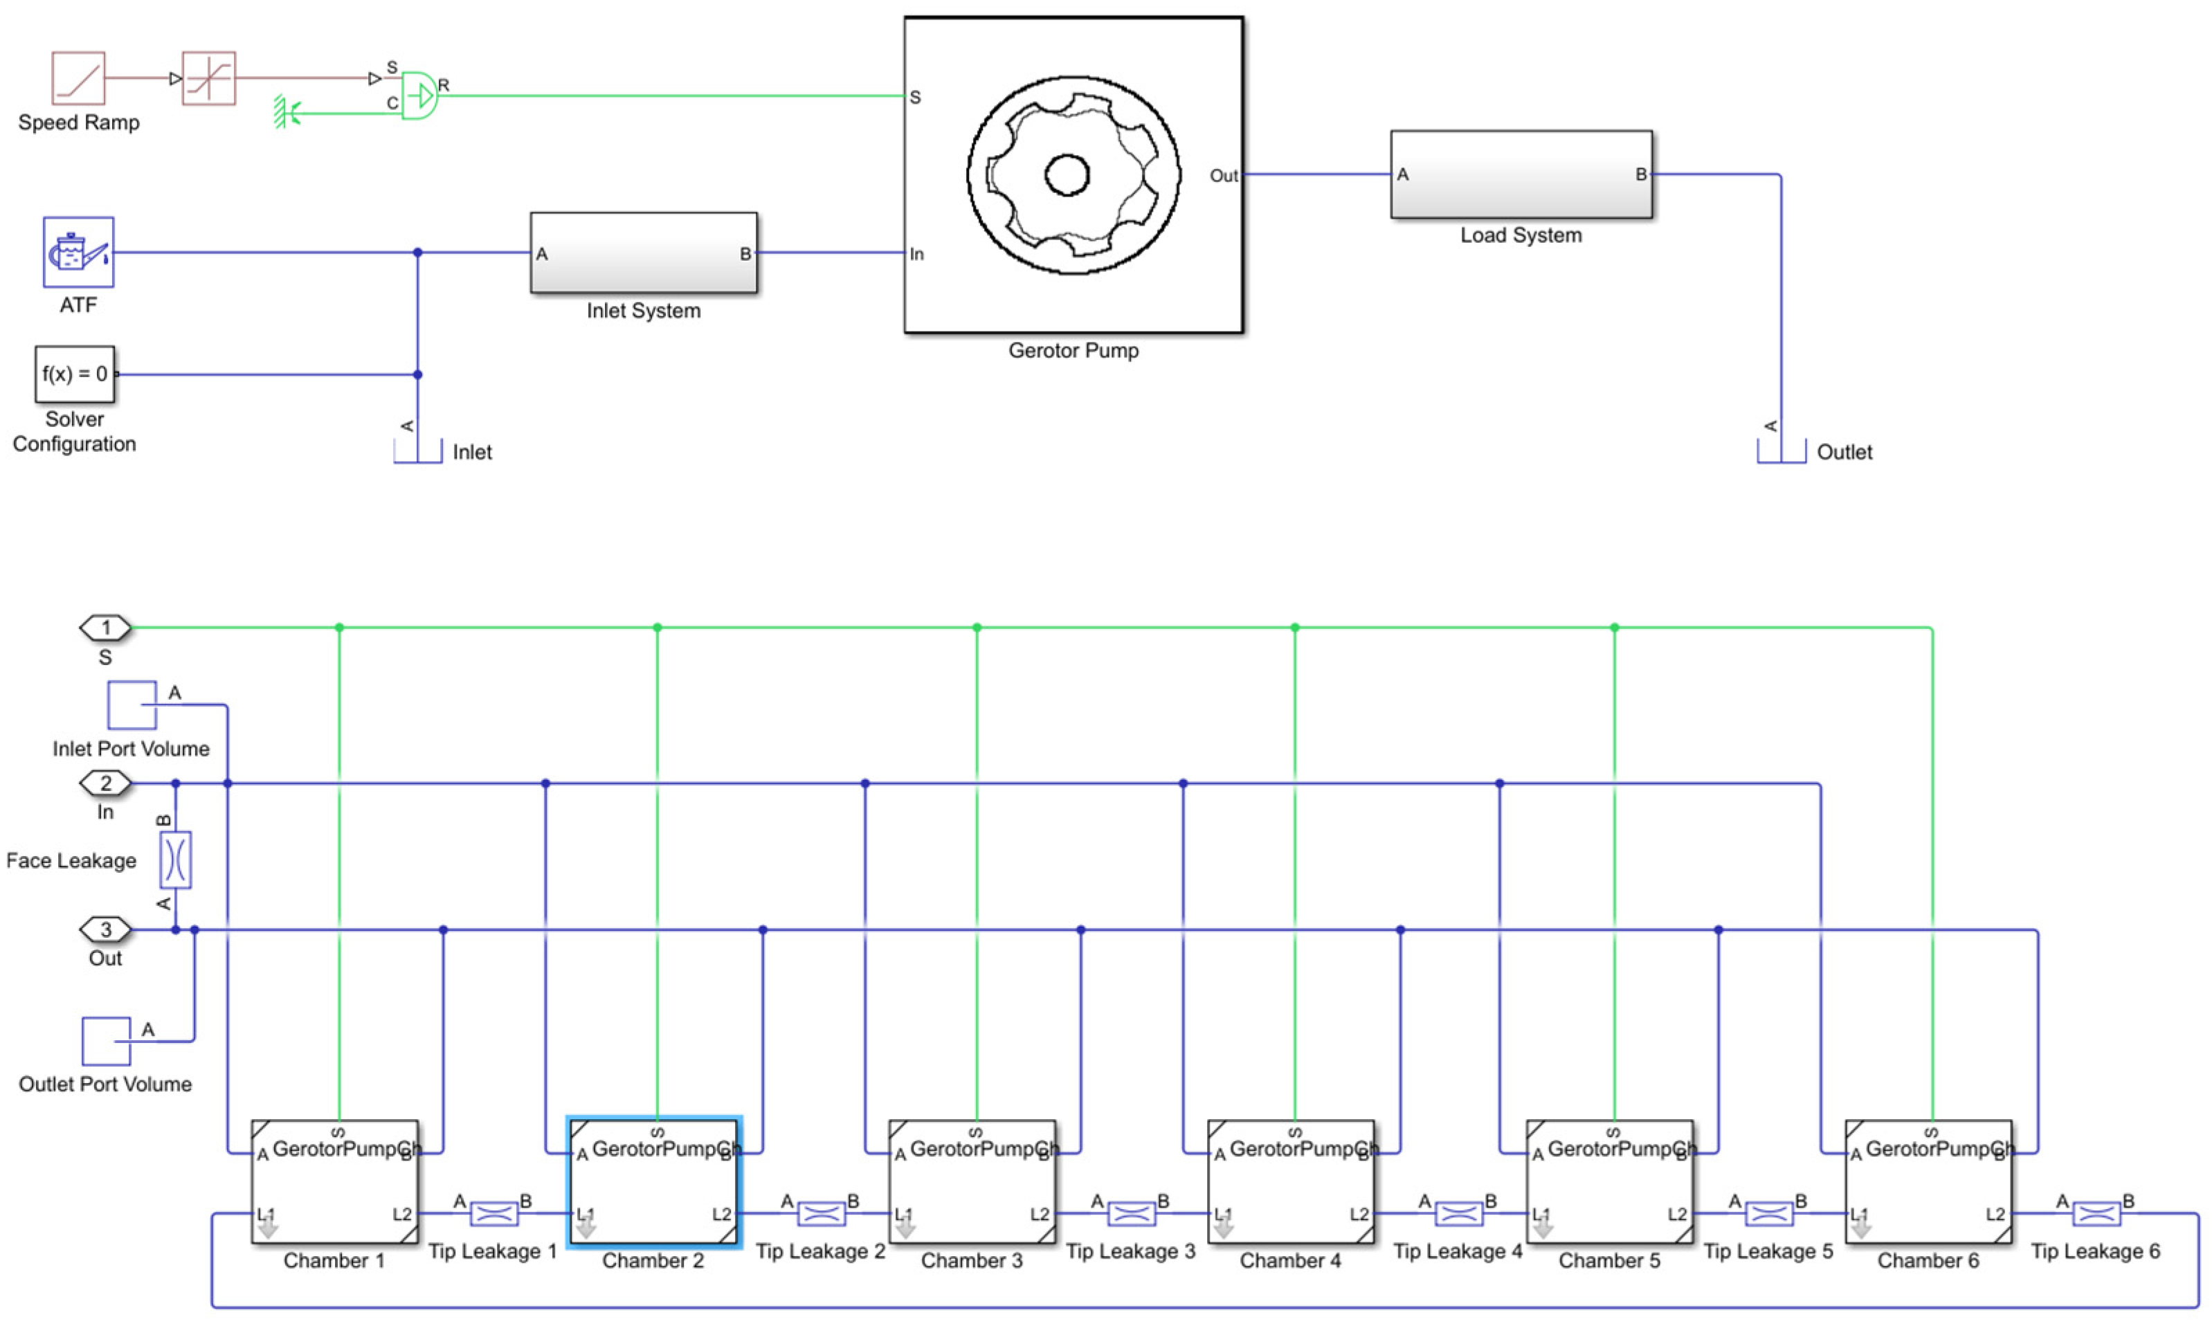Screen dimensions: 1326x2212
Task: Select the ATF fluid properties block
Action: pos(79,252)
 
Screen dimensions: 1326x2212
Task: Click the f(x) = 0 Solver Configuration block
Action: pos(75,374)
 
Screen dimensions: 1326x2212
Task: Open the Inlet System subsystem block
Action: pos(643,253)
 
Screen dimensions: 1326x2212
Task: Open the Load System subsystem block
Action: pos(1521,174)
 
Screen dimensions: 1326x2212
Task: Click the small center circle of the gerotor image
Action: pos(1067,174)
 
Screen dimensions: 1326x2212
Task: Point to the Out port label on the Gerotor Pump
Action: pos(1223,176)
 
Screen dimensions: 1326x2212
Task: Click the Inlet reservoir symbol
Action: pos(418,451)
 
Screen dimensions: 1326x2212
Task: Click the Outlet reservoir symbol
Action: pos(1781,451)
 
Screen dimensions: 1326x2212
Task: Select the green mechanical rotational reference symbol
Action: pos(286,113)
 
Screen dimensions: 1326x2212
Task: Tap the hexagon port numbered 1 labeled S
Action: pos(105,628)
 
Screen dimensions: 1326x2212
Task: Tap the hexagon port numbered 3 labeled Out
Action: pos(105,930)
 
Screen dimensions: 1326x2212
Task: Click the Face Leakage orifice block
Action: pos(175,860)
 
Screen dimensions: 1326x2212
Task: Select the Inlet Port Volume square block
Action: pos(132,705)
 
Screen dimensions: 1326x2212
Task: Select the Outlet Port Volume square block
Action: pos(107,1041)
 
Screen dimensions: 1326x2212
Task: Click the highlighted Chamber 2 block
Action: pos(653,1181)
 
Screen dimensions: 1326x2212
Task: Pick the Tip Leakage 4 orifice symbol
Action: pos(1458,1213)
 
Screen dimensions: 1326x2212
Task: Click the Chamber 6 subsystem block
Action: pos(1928,1181)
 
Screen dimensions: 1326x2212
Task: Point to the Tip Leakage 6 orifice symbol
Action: pos(2095,1213)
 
